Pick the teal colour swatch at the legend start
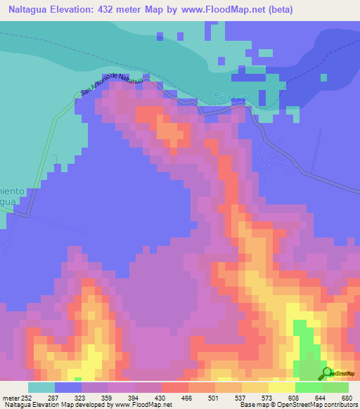pyautogui.click(x=41, y=387)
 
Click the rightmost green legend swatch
pyautogui.click(x=335, y=387)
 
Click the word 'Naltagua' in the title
pyautogui.click(x=31, y=10)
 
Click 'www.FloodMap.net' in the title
pyautogui.click(x=218, y=10)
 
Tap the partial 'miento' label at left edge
pyautogui.click(x=13, y=190)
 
